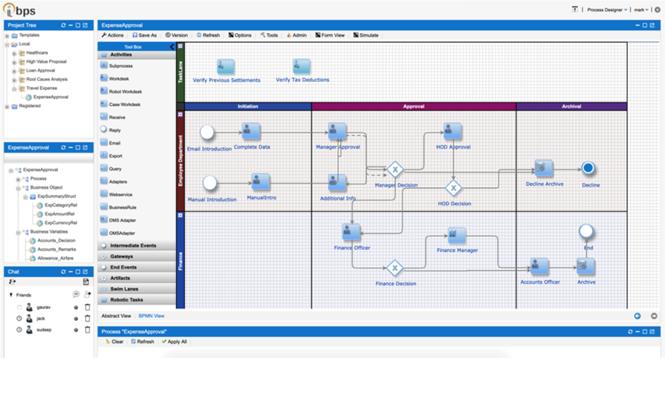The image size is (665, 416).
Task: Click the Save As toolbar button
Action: pyautogui.click(x=144, y=35)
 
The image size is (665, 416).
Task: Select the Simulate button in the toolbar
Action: pyautogui.click(x=366, y=35)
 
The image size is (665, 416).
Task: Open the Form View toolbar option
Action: pyautogui.click(x=330, y=35)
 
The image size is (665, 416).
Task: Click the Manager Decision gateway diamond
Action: pyautogui.click(x=395, y=170)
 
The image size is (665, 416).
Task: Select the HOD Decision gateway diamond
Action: pyautogui.click(x=453, y=188)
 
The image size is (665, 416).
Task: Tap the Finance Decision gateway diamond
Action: pyautogui.click(x=395, y=268)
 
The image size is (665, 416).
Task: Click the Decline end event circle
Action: pyautogui.click(x=588, y=168)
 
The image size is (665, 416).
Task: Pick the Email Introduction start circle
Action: pyautogui.click(x=207, y=132)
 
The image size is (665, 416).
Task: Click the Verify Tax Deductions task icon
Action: pyautogui.click(x=301, y=67)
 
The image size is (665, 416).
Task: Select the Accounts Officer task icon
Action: pyautogui.click(x=539, y=266)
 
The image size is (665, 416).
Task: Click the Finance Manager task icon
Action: pyautogui.click(x=457, y=236)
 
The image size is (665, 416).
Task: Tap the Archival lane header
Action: pyautogui.click(x=571, y=107)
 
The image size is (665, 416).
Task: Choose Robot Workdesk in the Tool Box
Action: pyautogui.click(x=125, y=92)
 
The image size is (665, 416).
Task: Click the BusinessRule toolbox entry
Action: pyautogui.click(x=122, y=207)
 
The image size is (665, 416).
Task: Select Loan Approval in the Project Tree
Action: pyautogui.click(x=40, y=70)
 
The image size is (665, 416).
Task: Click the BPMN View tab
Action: pyautogui.click(x=151, y=316)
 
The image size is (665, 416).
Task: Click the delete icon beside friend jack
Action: pyautogui.click(x=88, y=319)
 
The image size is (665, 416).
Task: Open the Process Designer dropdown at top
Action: pyautogui.click(x=606, y=10)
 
